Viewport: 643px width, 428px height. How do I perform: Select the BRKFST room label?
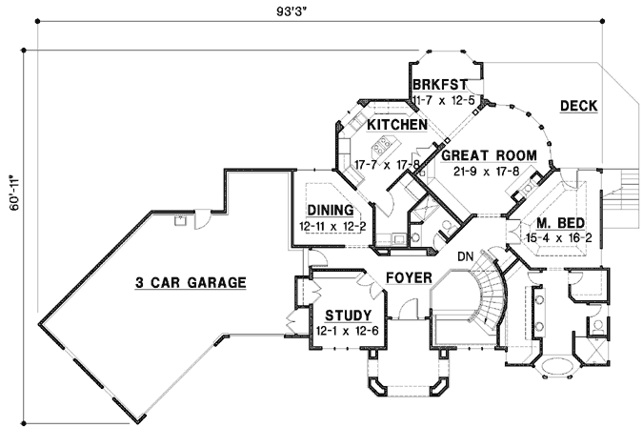(x=440, y=85)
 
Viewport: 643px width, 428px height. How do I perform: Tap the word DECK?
(x=578, y=106)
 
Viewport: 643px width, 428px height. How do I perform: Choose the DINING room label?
(x=331, y=210)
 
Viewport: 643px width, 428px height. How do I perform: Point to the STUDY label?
(x=348, y=316)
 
